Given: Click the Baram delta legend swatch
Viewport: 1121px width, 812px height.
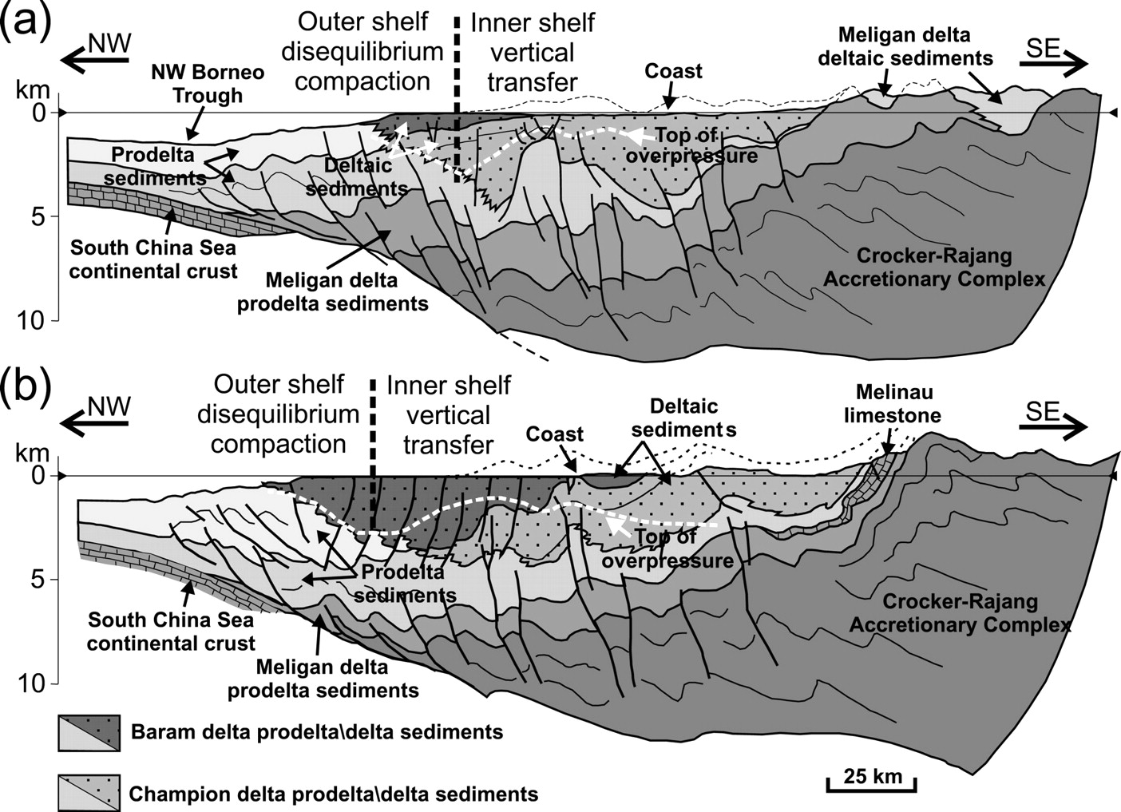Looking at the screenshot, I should (x=89, y=733).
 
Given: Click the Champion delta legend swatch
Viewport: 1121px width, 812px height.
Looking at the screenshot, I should (x=89, y=793).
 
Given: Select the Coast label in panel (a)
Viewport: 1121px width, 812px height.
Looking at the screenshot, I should (x=673, y=71).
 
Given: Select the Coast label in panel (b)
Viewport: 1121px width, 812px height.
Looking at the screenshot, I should (x=554, y=434).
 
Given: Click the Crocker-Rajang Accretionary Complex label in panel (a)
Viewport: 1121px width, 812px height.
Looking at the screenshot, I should (x=933, y=267).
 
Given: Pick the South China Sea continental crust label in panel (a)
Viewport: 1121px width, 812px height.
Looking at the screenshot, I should (x=153, y=260).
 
